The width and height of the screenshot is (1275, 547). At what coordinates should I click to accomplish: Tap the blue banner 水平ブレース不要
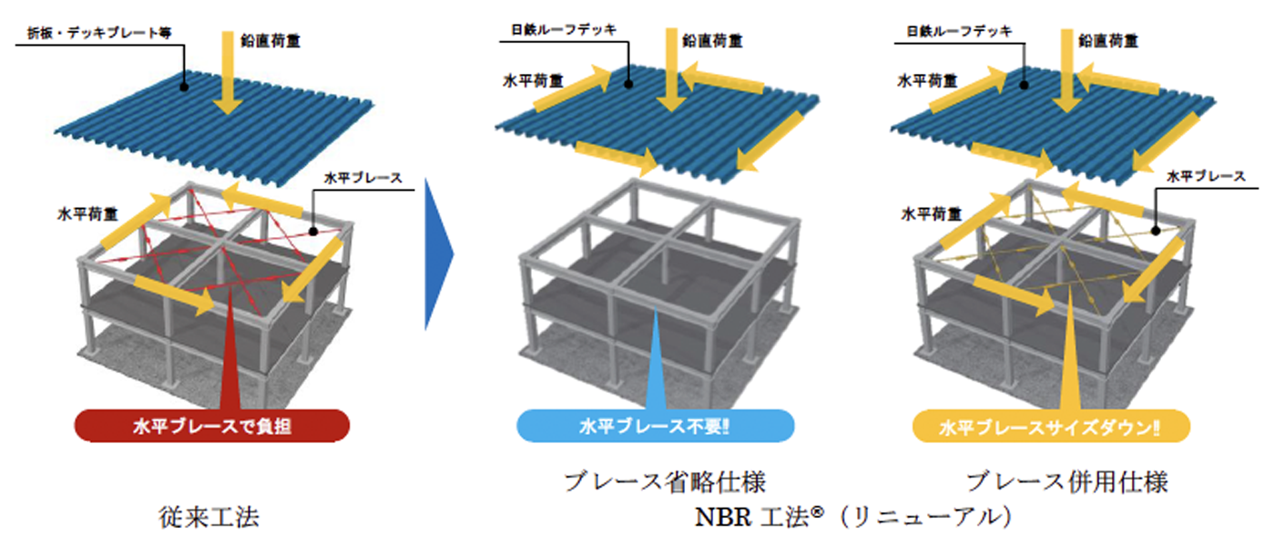[x=655, y=426]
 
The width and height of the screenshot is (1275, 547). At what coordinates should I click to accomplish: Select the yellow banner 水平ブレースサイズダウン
[x=1053, y=426]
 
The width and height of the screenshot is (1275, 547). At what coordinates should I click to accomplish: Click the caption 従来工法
[x=209, y=518]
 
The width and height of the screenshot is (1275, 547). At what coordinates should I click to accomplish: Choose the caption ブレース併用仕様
[x=1066, y=480]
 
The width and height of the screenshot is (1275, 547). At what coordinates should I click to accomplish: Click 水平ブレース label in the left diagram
[x=370, y=177]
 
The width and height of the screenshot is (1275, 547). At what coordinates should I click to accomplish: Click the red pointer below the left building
[x=234, y=365]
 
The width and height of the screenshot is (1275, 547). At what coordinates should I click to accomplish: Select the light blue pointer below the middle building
[x=656, y=365]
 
